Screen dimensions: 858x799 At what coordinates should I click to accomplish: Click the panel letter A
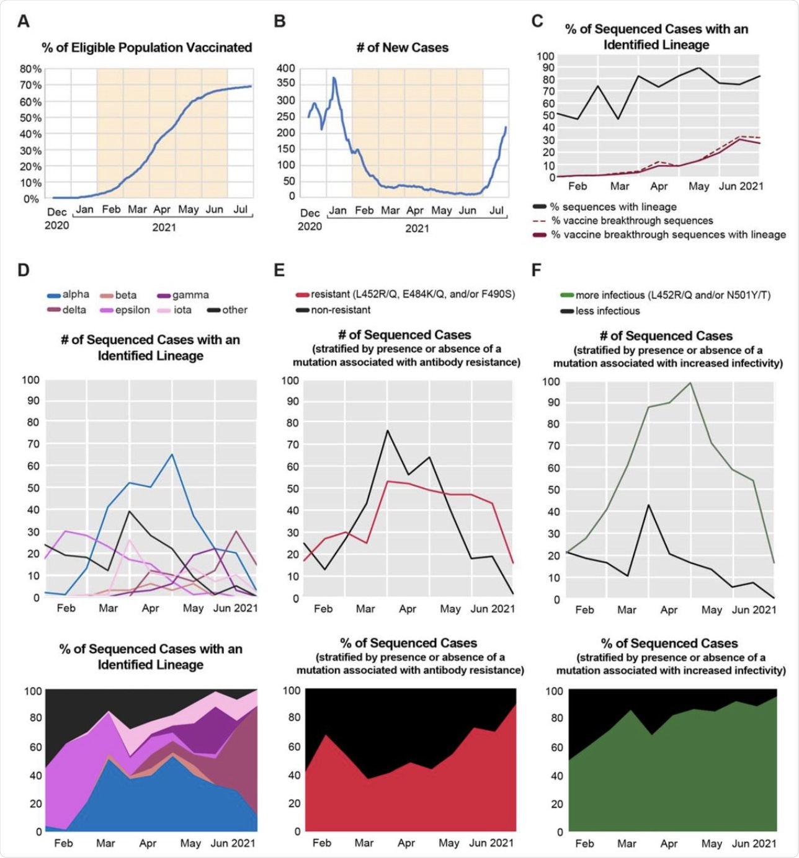[24, 22]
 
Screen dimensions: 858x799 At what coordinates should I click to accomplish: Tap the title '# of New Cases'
[402, 48]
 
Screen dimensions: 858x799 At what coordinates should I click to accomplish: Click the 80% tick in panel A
[30, 69]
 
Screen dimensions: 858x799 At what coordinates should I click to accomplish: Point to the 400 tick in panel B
[286, 68]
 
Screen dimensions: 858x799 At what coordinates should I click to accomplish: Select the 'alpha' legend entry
[75, 294]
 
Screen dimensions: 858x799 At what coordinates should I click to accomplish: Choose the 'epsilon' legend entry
[132, 310]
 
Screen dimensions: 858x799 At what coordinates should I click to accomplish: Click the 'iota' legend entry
[182, 310]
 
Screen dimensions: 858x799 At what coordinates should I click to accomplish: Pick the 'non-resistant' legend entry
[341, 310]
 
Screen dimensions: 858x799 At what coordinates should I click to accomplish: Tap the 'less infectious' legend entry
[607, 311]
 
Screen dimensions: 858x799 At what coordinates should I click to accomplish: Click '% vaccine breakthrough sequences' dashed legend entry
[632, 221]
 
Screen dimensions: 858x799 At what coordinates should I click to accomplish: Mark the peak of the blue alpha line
[172, 454]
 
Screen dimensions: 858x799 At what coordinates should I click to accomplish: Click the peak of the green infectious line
[690, 383]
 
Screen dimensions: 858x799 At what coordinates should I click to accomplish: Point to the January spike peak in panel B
[334, 78]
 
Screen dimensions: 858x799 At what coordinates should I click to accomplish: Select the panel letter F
[537, 270]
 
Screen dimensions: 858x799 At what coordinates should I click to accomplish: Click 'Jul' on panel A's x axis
[240, 210]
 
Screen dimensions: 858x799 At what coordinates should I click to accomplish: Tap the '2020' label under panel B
[310, 226]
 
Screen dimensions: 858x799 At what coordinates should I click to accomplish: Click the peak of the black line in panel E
[388, 430]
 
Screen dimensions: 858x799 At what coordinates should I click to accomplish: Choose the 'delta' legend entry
[74, 310]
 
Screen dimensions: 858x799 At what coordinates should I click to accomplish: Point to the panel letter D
[24, 270]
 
